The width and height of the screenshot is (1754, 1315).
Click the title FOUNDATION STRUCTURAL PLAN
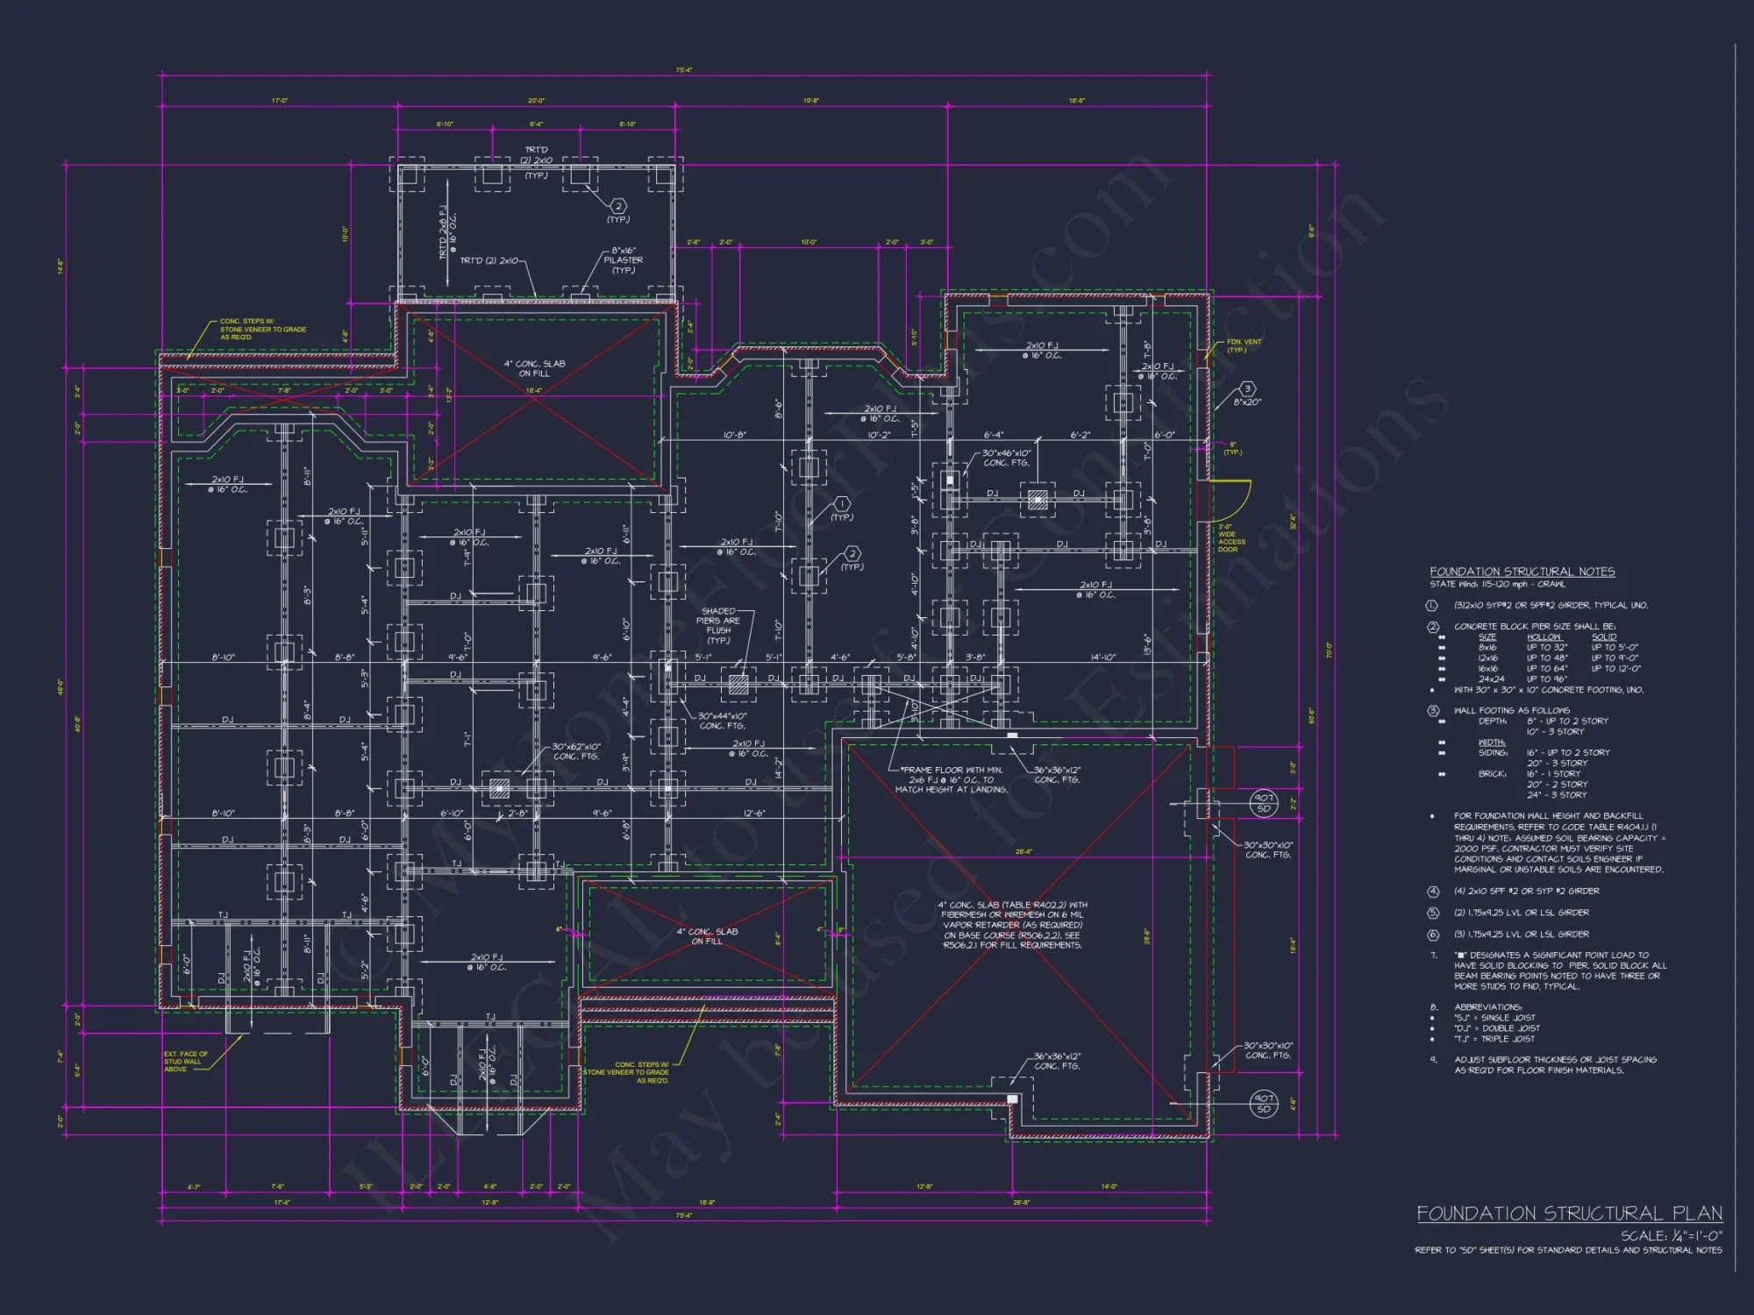point(1569,1213)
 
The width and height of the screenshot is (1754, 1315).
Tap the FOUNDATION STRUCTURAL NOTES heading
point(1522,572)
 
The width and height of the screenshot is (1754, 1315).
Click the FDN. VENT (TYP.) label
point(1244,345)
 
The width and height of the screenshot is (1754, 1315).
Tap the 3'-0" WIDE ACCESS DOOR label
point(1231,537)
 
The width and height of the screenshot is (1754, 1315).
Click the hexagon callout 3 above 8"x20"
point(1247,388)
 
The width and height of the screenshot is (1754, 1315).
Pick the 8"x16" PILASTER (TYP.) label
point(623,260)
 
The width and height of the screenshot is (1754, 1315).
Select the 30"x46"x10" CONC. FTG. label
point(1006,458)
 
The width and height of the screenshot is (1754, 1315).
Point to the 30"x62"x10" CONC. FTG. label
point(575,751)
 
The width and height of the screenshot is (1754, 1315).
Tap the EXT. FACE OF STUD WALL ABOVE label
point(185,1061)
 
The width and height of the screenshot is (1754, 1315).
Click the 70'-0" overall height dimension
point(1329,650)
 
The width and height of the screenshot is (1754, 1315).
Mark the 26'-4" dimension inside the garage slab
point(1023,851)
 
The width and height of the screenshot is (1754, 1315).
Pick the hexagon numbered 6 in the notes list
point(1433,935)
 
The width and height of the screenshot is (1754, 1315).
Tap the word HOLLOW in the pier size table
point(1544,637)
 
